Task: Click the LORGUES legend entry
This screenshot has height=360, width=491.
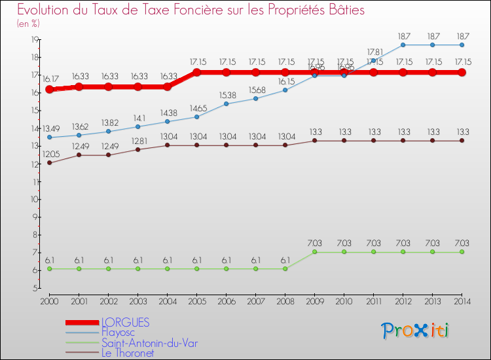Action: point(125,322)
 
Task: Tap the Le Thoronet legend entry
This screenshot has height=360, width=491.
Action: point(127,353)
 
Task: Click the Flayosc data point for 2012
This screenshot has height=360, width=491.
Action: point(403,45)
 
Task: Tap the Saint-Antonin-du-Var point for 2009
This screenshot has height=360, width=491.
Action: point(314,252)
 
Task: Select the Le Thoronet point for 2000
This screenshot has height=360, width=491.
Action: point(50,162)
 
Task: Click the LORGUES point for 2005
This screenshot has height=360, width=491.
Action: point(197,72)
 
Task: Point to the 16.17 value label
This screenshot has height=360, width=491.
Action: point(50,79)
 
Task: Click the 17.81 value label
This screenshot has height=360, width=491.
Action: point(374,51)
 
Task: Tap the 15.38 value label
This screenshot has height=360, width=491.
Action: point(227,94)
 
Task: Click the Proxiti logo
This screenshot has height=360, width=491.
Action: point(415,331)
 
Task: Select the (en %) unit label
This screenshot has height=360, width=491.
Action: point(28,24)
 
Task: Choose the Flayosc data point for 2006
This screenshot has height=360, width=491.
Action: point(227,103)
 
